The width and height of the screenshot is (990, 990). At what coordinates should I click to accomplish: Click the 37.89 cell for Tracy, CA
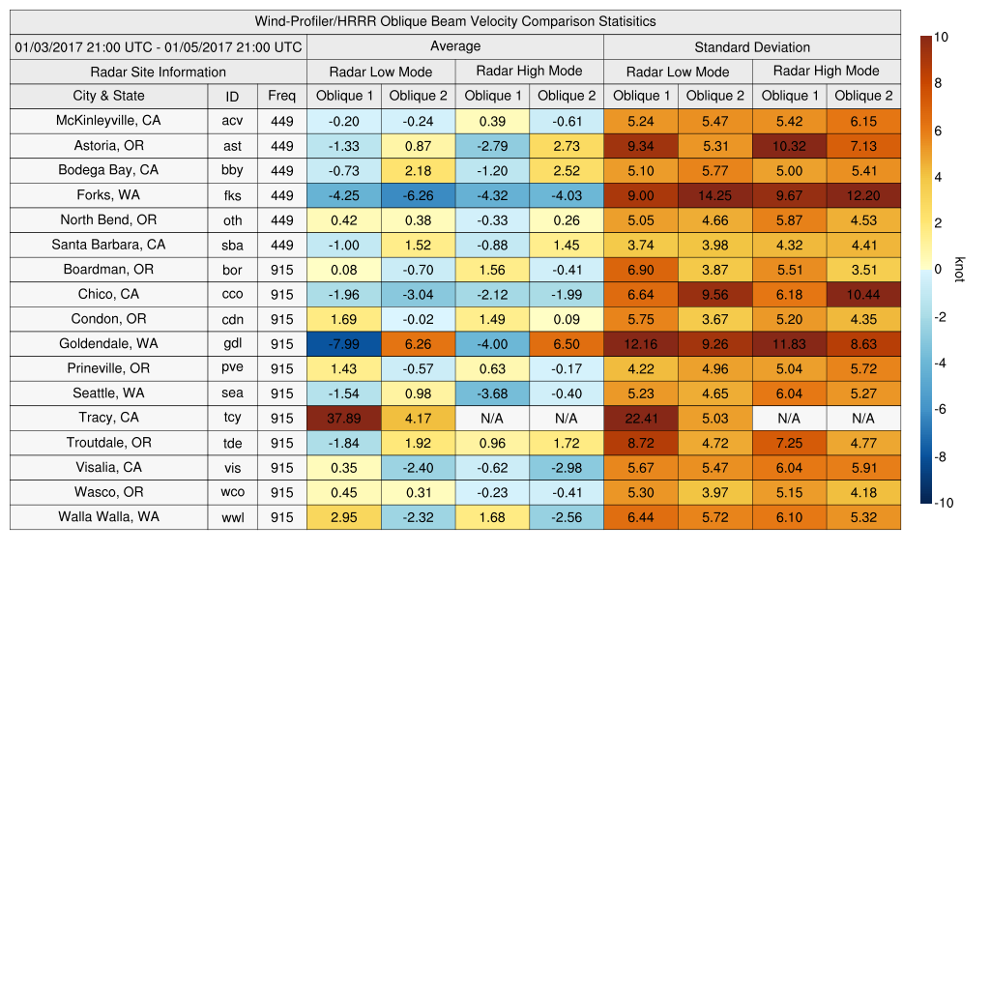coord(343,418)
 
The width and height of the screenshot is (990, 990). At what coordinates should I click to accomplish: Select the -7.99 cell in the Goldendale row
coord(343,343)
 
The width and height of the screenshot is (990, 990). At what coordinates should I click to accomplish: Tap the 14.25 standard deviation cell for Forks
coord(714,195)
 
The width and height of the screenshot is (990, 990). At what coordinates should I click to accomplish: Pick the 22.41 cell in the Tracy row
coord(640,418)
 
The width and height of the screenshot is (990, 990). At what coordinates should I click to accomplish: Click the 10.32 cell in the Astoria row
coord(789,145)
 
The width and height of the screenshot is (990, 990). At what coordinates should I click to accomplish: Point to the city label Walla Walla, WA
coord(108,516)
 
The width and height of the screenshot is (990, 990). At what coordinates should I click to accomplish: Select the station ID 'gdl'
coord(232,344)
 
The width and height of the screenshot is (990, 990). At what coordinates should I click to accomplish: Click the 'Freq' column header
coord(281,97)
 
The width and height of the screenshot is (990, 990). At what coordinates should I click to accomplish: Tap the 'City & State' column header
coord(108,96)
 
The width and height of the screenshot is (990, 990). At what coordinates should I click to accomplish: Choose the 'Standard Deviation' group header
coord(751,46)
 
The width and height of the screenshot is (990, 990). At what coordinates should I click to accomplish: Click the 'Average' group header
coord(454,46)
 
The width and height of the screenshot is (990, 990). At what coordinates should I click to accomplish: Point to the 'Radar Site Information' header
coord(158,72)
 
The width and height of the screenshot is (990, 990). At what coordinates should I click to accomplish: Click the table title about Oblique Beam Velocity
coord(454,21)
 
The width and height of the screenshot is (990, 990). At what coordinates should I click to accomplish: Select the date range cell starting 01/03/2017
coord(158,46)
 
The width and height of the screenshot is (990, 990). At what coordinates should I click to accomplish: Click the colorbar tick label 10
coord(941,37)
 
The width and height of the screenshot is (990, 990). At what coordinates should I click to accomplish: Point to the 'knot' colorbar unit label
coord(959,270)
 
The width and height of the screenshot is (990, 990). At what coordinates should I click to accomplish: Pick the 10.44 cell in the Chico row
coord(863,294)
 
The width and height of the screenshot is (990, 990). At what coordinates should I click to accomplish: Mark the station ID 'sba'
coord(232,245)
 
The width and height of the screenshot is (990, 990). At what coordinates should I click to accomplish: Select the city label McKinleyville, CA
coord(108,121)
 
